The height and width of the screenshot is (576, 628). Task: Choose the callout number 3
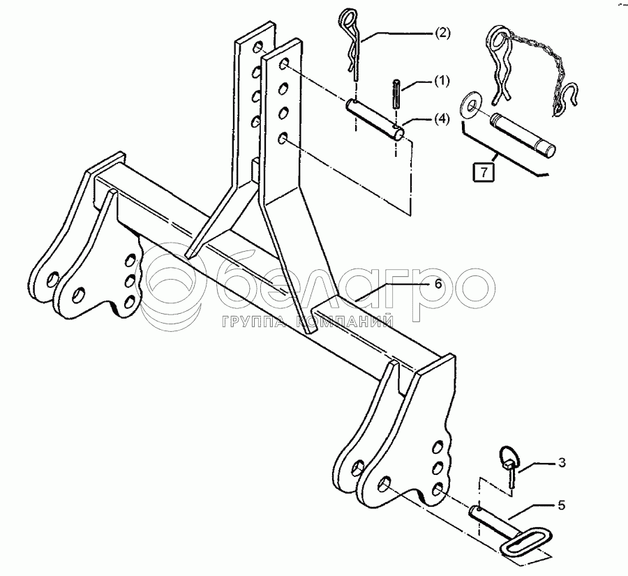click(x=561, y=462)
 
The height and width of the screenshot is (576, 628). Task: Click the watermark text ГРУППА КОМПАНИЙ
click(x=307, y=322)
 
